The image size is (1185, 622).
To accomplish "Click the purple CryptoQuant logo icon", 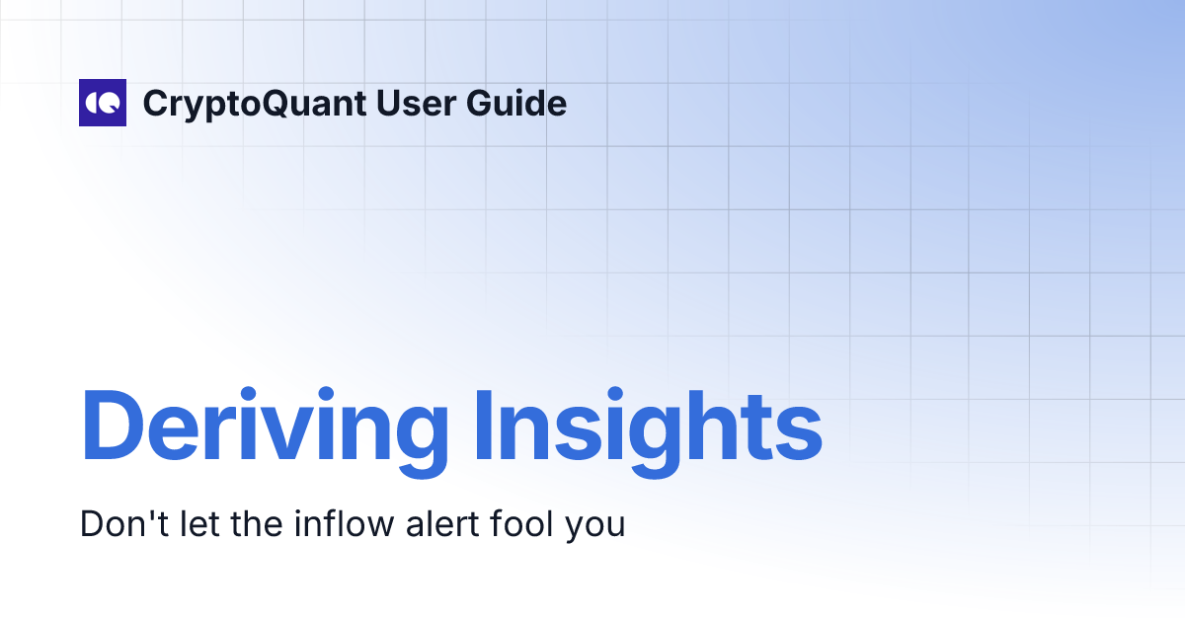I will (x=103, y=103).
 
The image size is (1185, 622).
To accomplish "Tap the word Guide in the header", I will (x=522, y=103).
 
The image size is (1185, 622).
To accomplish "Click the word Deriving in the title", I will (x=265, y=428).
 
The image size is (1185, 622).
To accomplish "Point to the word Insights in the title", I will (x=648, y=428).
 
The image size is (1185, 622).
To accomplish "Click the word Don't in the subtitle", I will (x=116, y=524).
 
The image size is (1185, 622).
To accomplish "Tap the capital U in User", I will (x=390, y=103).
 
